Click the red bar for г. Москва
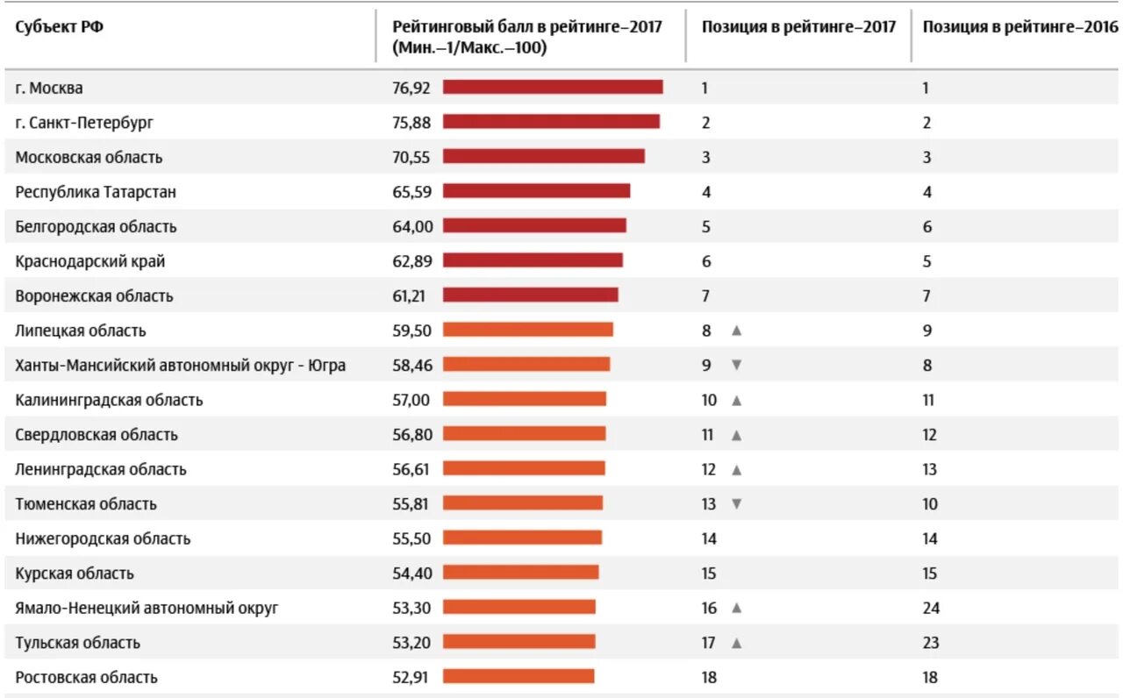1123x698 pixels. [553, 87]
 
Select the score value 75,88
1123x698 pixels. [411, 122]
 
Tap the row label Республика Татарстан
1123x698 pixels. [96, 191]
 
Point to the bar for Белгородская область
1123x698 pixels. [534, 225]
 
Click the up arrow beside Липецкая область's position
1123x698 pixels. [737, 331]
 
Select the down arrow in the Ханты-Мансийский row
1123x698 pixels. [736, 365]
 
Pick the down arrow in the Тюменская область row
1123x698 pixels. [736, 503]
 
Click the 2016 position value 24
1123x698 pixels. [930, 608]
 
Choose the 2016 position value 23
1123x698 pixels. [930, 643]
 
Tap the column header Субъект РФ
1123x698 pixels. [59, 26]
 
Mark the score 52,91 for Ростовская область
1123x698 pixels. [411, 677]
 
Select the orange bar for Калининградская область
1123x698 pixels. [524, 399]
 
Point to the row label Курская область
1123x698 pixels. [75, 573]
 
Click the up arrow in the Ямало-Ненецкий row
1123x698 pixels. [737, 608]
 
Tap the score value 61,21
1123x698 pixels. [409, 296]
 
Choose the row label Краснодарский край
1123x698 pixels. [90, 261]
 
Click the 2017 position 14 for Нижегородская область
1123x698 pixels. [709, 538]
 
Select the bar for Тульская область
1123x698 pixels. [519, 642]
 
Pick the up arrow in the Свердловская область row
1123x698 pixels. [737, 434]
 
